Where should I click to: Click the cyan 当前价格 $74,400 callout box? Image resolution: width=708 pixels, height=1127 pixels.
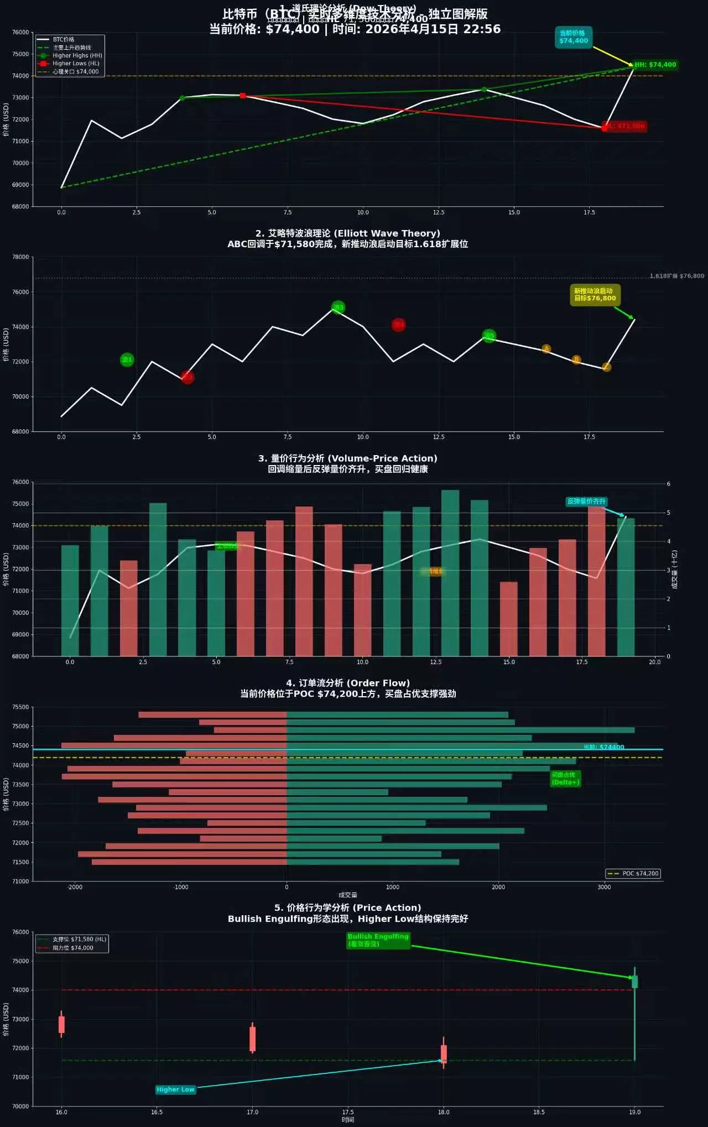pos(573,37)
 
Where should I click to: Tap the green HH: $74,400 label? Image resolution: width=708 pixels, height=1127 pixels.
pos(655,65)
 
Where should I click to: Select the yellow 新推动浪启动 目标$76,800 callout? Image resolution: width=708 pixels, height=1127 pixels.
pos(595,295)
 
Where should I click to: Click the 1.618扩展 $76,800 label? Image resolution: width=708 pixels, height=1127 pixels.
pos(676,276)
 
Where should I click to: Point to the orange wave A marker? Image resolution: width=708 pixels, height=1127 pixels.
pos(546,349)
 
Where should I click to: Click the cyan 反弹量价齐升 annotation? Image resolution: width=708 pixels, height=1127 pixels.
pos(586,502)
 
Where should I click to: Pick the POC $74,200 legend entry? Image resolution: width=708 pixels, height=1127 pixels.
pos(634,874)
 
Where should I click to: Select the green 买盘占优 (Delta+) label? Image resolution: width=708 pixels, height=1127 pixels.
pos(565,779)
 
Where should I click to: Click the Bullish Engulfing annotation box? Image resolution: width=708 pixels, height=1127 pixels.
pos(378,940)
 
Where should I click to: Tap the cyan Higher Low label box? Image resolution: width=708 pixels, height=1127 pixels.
pos(175,1089)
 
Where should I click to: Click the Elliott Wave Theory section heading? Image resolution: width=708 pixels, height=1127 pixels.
pos(347,233)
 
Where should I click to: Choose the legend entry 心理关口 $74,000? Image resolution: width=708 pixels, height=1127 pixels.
pos(75,71)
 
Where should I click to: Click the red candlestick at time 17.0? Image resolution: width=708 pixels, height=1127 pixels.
pos(252,1039)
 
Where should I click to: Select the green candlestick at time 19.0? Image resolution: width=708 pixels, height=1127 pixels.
pos(634,982)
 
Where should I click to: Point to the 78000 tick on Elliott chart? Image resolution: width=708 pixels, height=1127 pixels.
pos(20,257)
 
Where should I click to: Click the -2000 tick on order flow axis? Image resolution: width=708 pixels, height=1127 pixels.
pos(75,887)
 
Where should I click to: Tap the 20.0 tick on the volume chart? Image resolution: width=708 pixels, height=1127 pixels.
pos(654,662)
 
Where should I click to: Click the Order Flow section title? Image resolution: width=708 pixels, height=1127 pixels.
pos(347,683)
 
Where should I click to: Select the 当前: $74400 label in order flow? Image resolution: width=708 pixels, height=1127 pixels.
pos(603,747)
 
